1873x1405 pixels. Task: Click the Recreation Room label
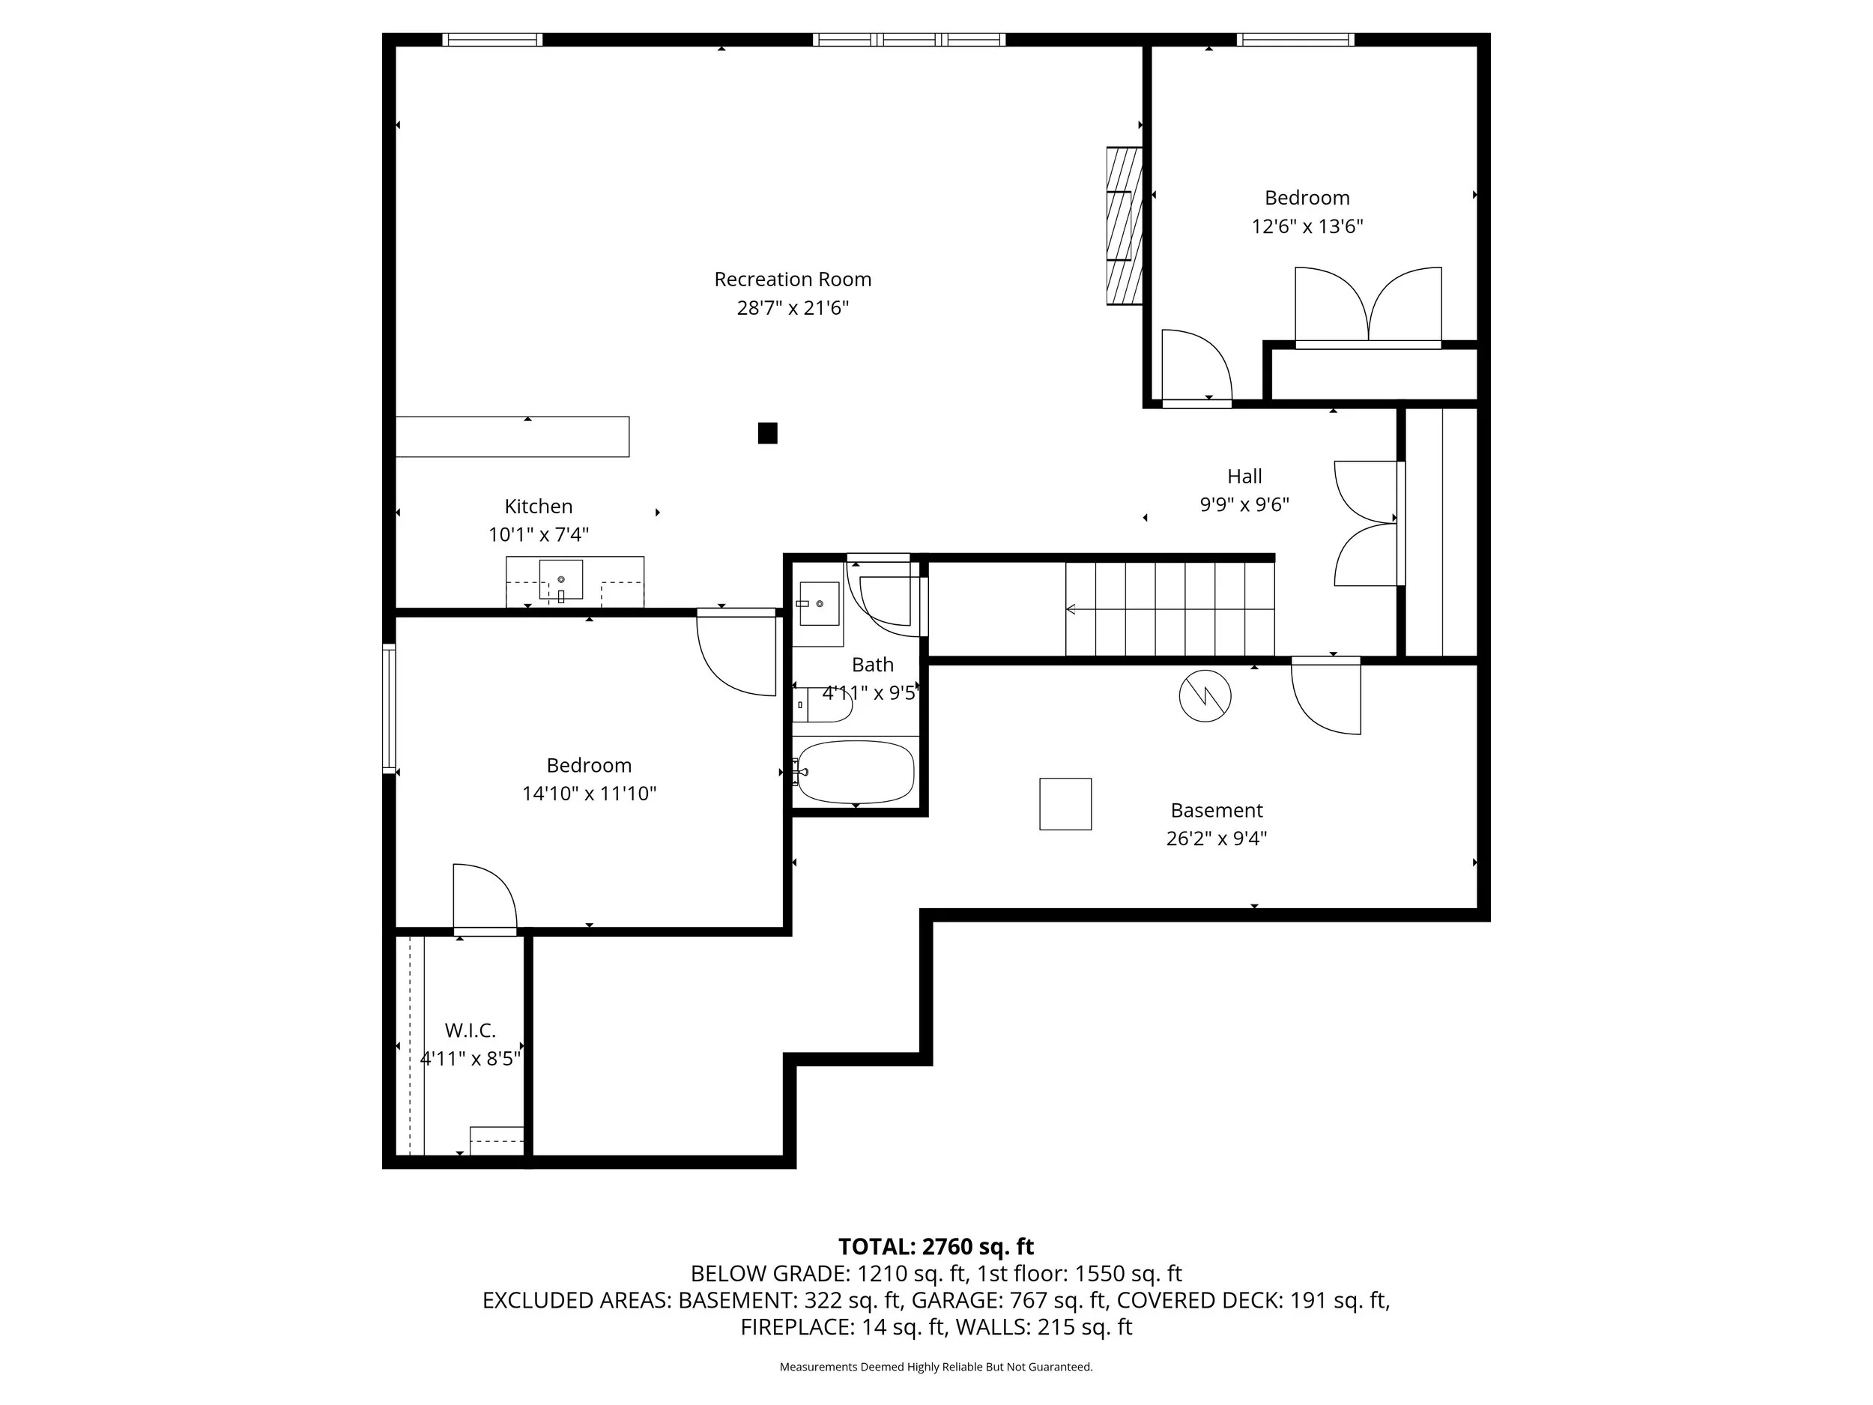792,280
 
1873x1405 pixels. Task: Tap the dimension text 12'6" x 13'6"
1307,226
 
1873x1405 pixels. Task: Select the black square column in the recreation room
767,433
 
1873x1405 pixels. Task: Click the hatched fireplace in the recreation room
1124,226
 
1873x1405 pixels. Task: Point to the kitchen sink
560,580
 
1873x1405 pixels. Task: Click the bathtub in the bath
856,772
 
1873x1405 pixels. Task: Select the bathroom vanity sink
818,604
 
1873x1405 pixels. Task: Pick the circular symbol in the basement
1204,696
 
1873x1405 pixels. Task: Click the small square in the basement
1065,804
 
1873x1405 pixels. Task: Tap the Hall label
1244,476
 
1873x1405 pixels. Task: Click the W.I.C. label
470,1030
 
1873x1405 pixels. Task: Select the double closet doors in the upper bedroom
1367,306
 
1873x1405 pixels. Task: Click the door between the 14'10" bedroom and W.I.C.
484,900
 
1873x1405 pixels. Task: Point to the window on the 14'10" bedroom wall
389,708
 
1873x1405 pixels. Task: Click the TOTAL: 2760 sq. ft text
935,1247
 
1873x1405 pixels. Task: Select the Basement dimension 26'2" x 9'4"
1216,839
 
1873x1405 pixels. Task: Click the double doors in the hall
1367,523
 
